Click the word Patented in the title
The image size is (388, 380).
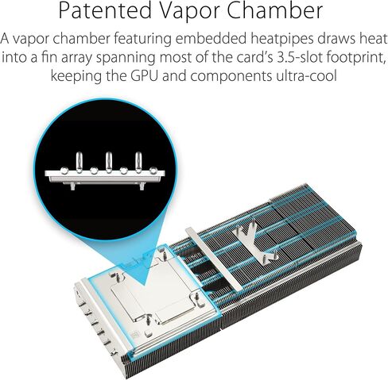click(x=105, y=10)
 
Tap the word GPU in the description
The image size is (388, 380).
click(x=145, y=75)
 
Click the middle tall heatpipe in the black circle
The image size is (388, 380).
click(x=109, y=162)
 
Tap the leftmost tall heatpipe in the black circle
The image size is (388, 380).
click(x=79, y=162)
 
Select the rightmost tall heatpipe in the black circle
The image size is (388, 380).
click(x=138, y=162)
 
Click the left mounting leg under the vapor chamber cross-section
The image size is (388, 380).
click(x=73, y=186)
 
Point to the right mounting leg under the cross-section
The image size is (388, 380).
click(x=142, y=186)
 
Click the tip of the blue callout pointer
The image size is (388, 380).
click(x=145, y=286)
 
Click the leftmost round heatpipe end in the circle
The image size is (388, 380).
click(x=64, y=171)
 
